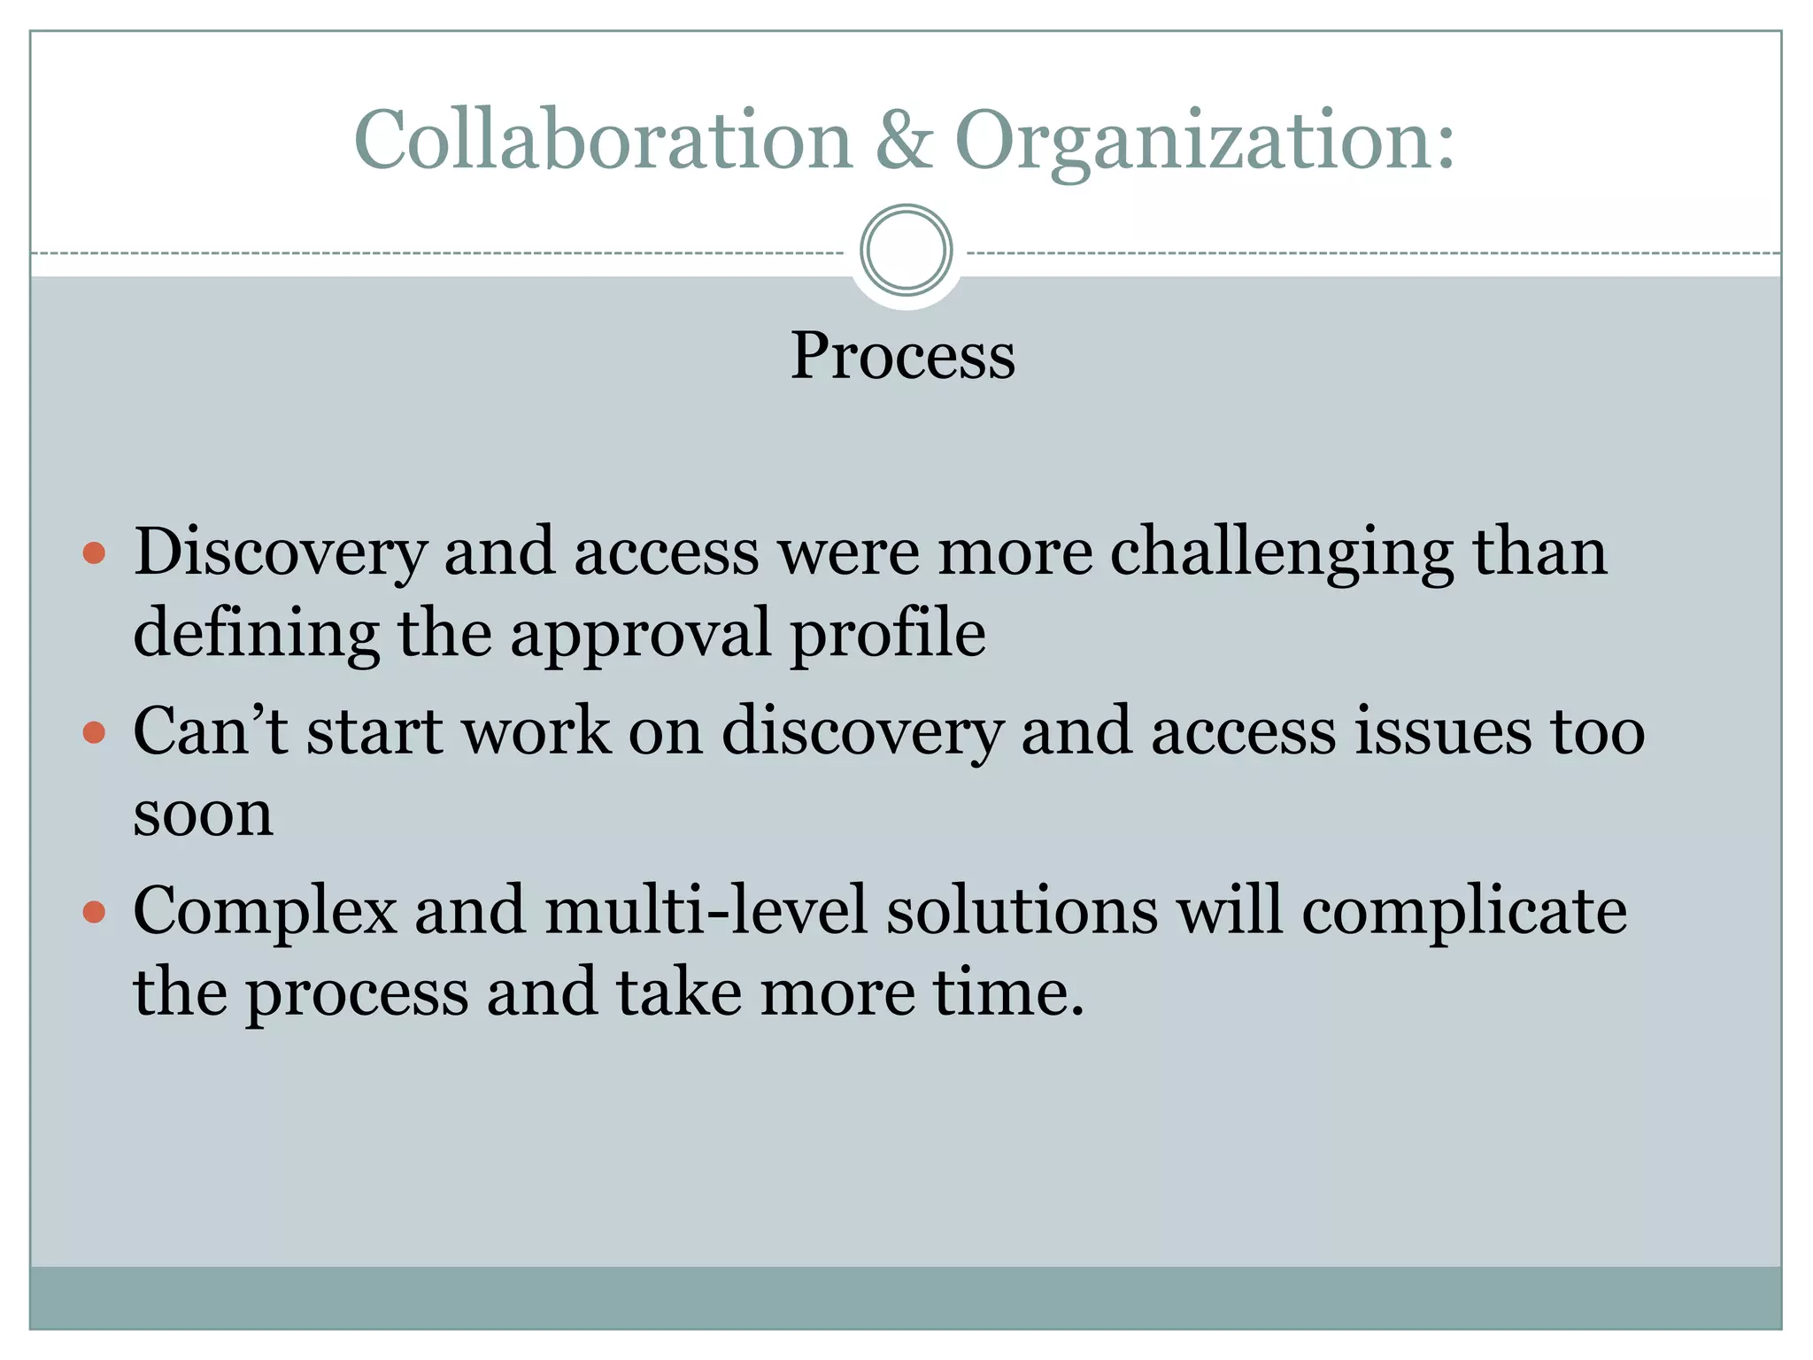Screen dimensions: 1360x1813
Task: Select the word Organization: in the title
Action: click(x=1204, y=142)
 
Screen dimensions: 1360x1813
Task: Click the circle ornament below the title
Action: click(x=906, y=251)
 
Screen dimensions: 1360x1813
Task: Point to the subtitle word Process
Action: click(x=902, y=355)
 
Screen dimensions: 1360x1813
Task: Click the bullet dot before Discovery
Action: click(x=94, y=554)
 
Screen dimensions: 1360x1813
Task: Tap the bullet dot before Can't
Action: click(x=94, y=733)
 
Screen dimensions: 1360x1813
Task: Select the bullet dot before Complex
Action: click(x=94, y=912)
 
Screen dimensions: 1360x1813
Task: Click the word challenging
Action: click(x=1281, y=553)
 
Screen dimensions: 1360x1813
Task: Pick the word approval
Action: click(x=640, y=634)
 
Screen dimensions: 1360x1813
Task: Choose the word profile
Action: click(x=887, y=634)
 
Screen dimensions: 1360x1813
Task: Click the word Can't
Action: click(x=210, y=731)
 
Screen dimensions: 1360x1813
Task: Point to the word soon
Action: click(x=203, y=815)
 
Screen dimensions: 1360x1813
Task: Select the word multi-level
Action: click(x=706, y=910)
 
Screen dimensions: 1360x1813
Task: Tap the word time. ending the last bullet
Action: click(x=1009, y=993)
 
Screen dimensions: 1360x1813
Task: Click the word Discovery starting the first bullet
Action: click(x=281, y=553)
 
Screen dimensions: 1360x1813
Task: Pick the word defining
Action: click(x=256, y=634)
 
